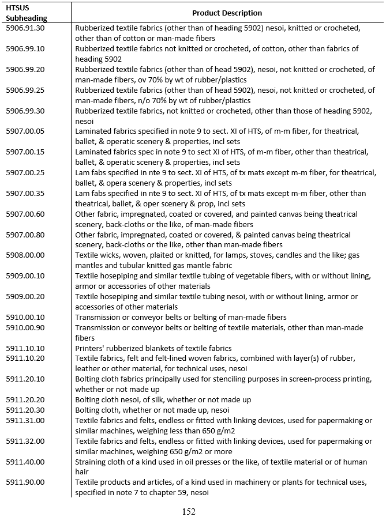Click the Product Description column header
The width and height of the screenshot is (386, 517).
pyautogui.click(x=227, y=13)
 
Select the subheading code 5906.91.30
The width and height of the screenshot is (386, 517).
pyautogui.click(x=25, y=28)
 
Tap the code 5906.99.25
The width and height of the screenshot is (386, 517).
pyautogui.click(x=25, y=90)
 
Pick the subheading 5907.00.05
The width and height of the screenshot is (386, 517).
pyautogui.click(x=25, y=131)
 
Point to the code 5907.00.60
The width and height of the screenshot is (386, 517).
pyautogui.click(x=25, y=214)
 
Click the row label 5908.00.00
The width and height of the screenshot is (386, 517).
pyautogui.click(x=25, y=255)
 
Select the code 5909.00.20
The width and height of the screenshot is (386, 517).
pyautogui.click(x=25, y=297)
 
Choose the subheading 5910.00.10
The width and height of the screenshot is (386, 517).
pyautogui.click(x=25, y=318)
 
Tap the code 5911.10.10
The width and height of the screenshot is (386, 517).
pyautogui.click(x=25, y=348)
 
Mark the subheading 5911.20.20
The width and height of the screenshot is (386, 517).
pyautogui.click(x=25, y=399)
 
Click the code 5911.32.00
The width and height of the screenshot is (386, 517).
pyautogui.click(x=25, y=441)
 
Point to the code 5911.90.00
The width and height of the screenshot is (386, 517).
pyautogui.click(x=25, y=482)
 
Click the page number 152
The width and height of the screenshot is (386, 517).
pyautogui.click(x=189, y=511)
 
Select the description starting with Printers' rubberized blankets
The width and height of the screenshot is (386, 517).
pyautogui.click(x=153, y=348)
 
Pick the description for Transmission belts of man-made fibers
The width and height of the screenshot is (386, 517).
pyautogui.click(x=181, y=318)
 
